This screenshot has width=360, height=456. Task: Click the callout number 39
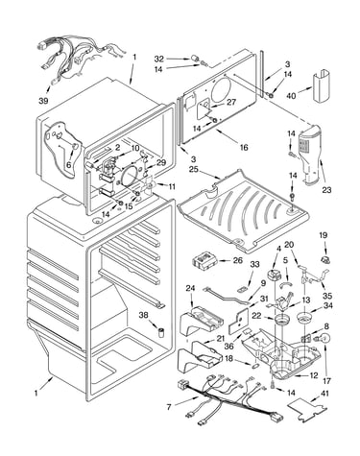pyautogui.click(x=43, y=101)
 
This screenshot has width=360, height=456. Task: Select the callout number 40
pyautogui.click(x=292, y=95)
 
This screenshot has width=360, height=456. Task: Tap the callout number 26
pyautogui.click(x=238, y=260)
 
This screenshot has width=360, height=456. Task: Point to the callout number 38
pyautogui.click(x=144, y=315)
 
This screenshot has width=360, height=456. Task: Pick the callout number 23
pyautogui.click(x=326, y=190)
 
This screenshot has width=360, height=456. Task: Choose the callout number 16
pyautogui.click(x=244, y=147)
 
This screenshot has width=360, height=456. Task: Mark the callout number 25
pyautogui.click(x=194, y=168)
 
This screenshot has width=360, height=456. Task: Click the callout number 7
pyautogui.click(x=169, y=407)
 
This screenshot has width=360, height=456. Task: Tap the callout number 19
pyautogui.click(x=323, y=235)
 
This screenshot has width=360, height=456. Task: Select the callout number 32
pyautogui.click(x=159, y=59)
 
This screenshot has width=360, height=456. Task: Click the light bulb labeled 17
pyautogui.click(x=324, y=339)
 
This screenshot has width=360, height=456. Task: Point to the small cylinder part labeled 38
pyautogui.click(x=159, y=332)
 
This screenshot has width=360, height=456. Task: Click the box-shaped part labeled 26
pyautogui.click(x=205, y=260)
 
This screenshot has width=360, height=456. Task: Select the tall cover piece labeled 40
pyautogui.click(x=322, y=87)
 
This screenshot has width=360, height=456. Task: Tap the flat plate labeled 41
pyautogui.click(x=307, y=407)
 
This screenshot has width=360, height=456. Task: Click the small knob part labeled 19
pyautogui.click(x=325, y=259)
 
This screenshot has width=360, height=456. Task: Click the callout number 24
pyautogui.click(x=190, y=288)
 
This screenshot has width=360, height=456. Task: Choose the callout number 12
pyautogui.click(x=314, y=375)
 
